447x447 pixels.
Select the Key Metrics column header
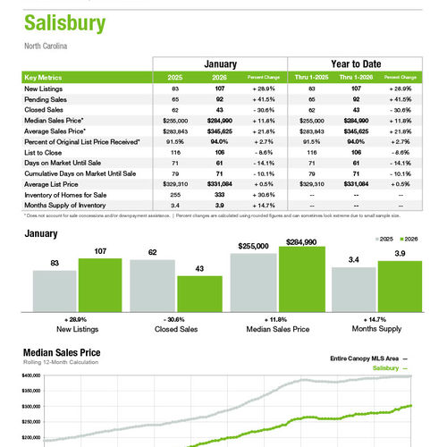pos(45,78)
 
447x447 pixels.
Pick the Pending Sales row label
pos(46,99)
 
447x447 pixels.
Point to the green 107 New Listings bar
pos(99,283)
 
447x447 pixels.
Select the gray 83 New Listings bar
pos(55,289)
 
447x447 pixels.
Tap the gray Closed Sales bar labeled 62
pos(153,284)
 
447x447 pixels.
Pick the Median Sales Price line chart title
pos(61,353)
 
